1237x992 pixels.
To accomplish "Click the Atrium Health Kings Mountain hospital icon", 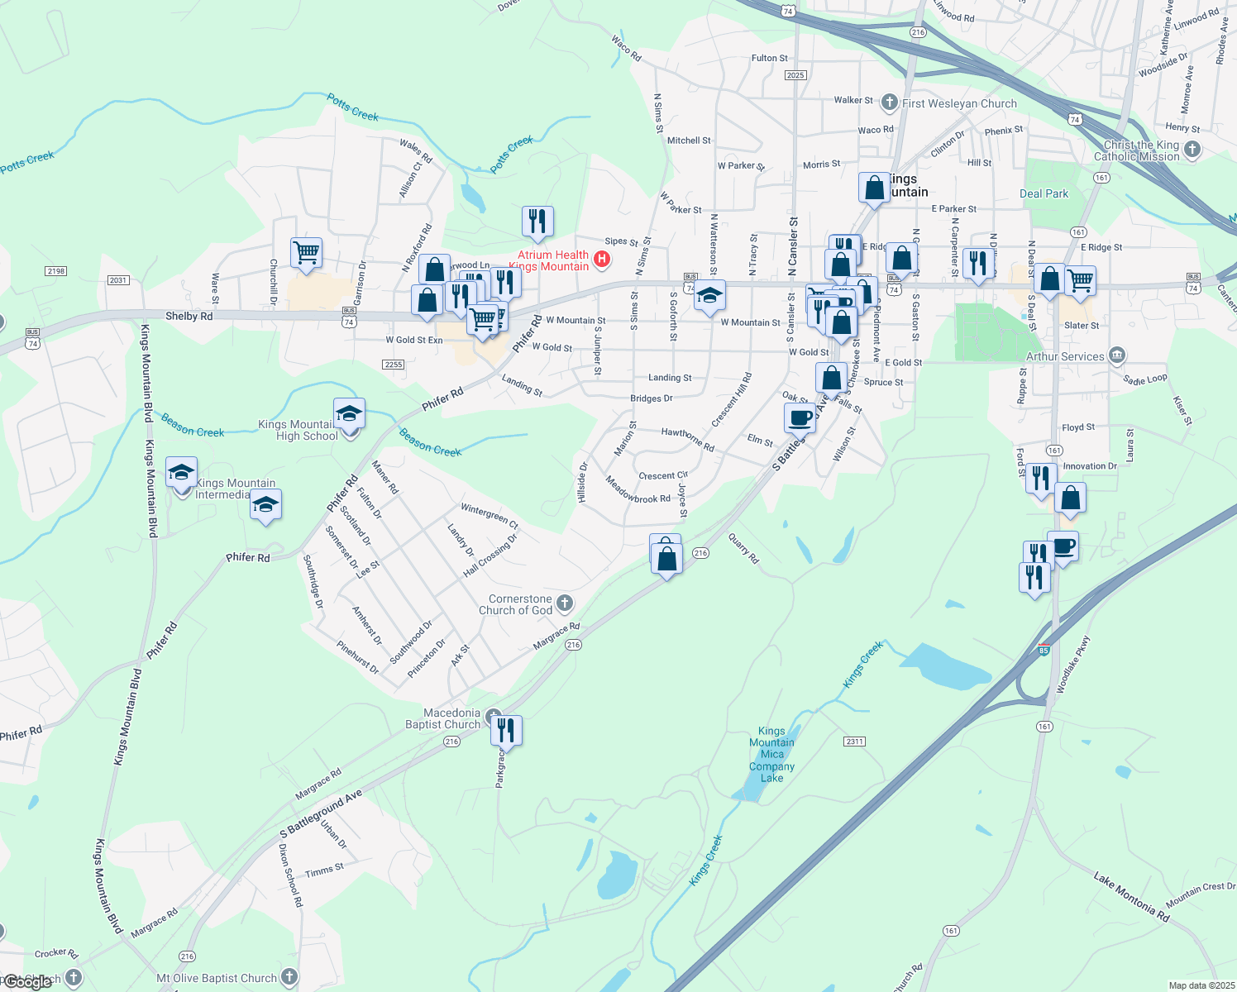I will coord(603,260).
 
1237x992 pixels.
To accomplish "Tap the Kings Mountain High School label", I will coord(296,430).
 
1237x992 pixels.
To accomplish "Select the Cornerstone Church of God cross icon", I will coord(565,603).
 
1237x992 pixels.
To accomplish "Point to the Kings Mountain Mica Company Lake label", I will coord(771,754).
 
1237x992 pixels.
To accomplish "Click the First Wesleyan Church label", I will coord(959,103).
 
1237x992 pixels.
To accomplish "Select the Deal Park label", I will coord(1044,193).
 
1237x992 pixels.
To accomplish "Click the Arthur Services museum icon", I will coord(1117,355).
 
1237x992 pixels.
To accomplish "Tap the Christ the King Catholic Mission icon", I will coord(1192,149).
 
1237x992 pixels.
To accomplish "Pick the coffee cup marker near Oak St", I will coord(800,418).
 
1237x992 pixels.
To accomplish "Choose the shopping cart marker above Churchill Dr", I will coord(306,252).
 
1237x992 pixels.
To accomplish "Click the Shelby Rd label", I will coord(189,316).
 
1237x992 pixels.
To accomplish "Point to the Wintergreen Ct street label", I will coord(490,516).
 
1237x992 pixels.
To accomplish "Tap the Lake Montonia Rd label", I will coord(1131,896).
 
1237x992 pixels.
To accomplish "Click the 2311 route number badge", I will coord(855,741).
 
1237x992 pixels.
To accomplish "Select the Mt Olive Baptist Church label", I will coord(217,978).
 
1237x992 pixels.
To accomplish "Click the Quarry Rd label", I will coord(743,548).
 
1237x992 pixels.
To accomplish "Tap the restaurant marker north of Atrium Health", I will coord(537,222).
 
